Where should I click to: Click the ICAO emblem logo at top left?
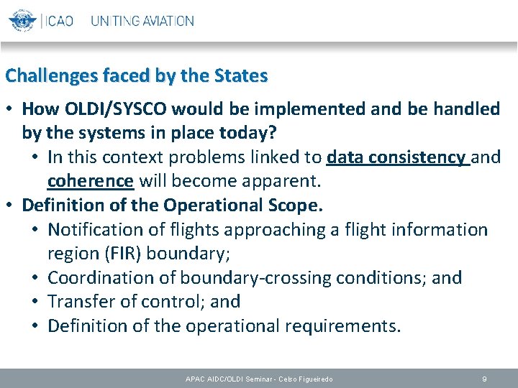click(22, 21)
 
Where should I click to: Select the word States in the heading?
click(241, 75)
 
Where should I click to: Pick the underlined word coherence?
click(91, 181)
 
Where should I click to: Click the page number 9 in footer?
click(485, 378)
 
